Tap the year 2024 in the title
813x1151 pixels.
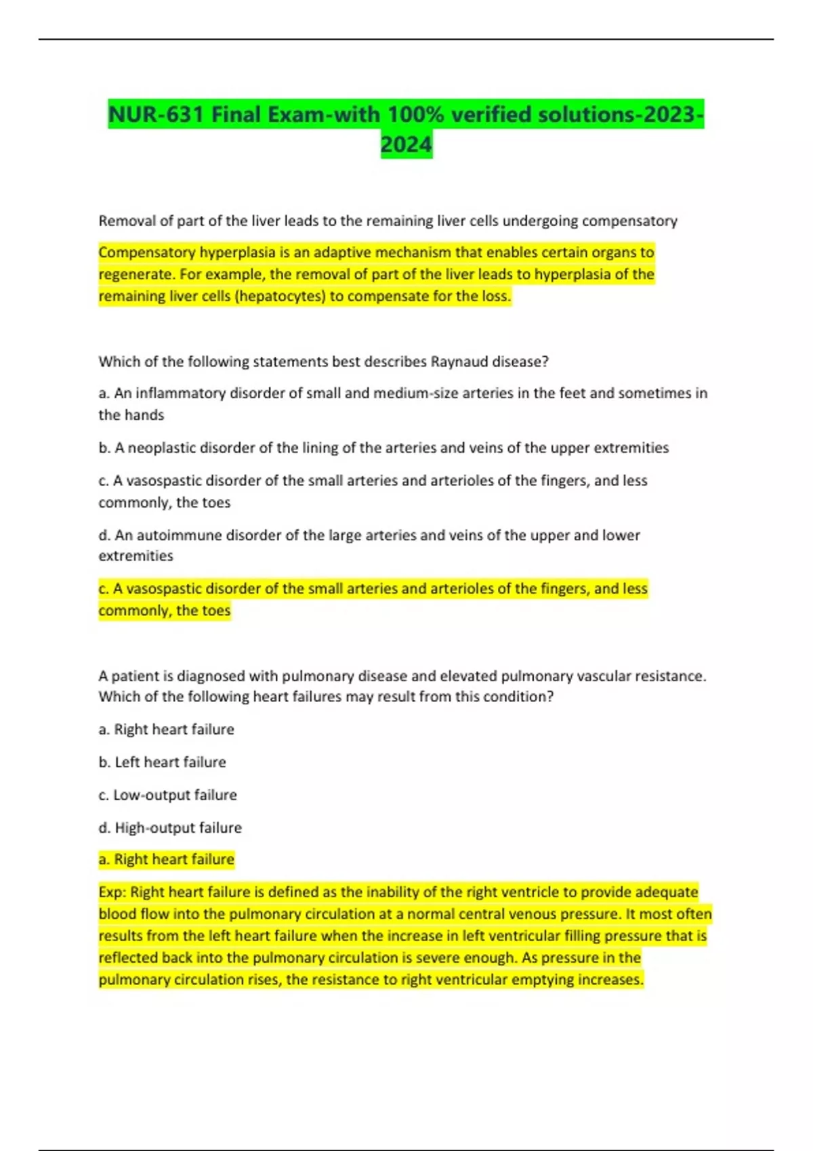(x=406, y=145)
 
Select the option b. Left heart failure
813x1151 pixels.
(x=163, y=762)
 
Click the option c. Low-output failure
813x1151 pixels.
(x=168, y=795)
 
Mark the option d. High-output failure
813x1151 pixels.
(x=170, y=827)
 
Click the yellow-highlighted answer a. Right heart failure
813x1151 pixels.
(x=167, y=859)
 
